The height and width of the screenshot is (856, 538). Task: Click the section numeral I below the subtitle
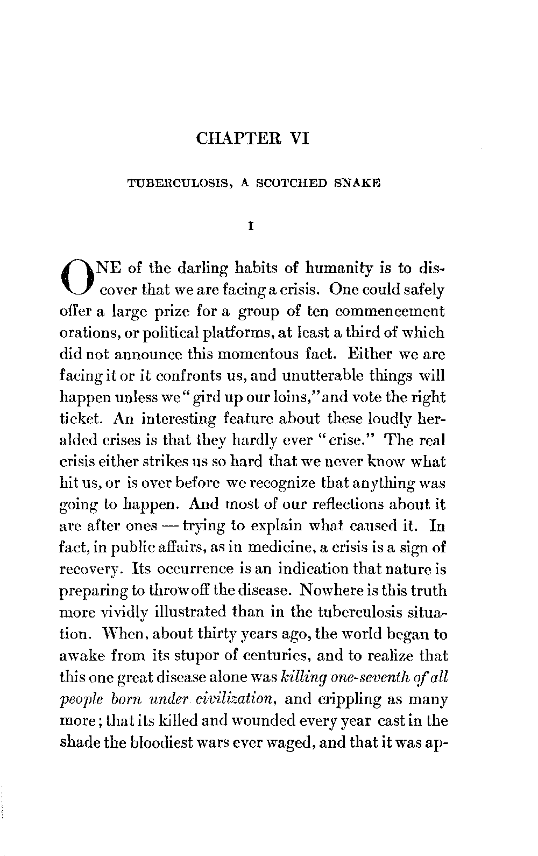pos(250,227)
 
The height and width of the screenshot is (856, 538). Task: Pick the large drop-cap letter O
pos(79,280)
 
